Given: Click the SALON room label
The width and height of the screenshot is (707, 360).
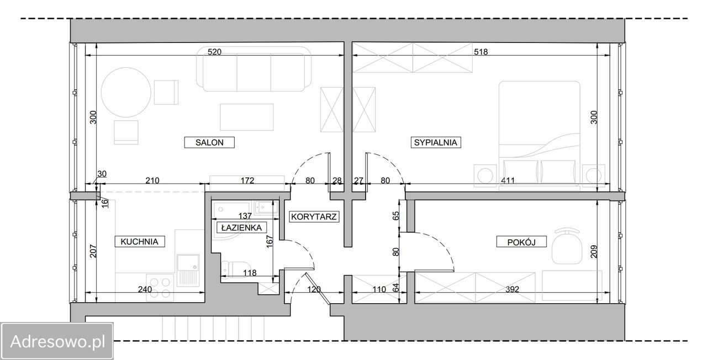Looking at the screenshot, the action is tap(209, 142).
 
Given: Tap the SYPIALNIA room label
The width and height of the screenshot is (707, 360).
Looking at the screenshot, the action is tap(436, 142).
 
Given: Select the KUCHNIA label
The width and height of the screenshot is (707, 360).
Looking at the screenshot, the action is tap(139, 241).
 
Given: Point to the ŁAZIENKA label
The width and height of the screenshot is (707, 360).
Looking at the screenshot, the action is tap(241, 227).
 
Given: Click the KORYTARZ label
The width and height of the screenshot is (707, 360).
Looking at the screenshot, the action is tap(314, 217).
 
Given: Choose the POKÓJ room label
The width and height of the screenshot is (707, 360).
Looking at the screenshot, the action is tap(521, 242).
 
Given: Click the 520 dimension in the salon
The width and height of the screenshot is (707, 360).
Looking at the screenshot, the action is tap(214, 52).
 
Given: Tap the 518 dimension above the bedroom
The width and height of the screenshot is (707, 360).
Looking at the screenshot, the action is tap(481, 52).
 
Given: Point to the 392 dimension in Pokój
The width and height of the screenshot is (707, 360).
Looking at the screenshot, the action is tap(512, 289).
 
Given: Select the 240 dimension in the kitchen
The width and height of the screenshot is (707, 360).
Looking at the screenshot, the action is tap(145, 289).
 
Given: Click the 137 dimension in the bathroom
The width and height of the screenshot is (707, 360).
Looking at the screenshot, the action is tap(245, 216).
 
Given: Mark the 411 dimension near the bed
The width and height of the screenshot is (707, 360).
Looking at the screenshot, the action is tap(508, 180).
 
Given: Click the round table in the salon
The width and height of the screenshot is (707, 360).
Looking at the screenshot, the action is tap(126, 92).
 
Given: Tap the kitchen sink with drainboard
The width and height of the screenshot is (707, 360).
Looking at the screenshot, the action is tap(188, 270).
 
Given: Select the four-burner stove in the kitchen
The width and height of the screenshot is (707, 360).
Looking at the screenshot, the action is tap(160, 288).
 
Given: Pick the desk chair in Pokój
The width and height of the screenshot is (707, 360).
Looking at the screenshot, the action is tap(567, 246).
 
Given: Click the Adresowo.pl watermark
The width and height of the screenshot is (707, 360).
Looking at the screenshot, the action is tap(57, 342).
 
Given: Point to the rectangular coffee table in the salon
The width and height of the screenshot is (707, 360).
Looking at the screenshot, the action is tap(247, 117).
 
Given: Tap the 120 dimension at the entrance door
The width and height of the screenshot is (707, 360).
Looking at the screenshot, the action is tap(314, 289).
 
